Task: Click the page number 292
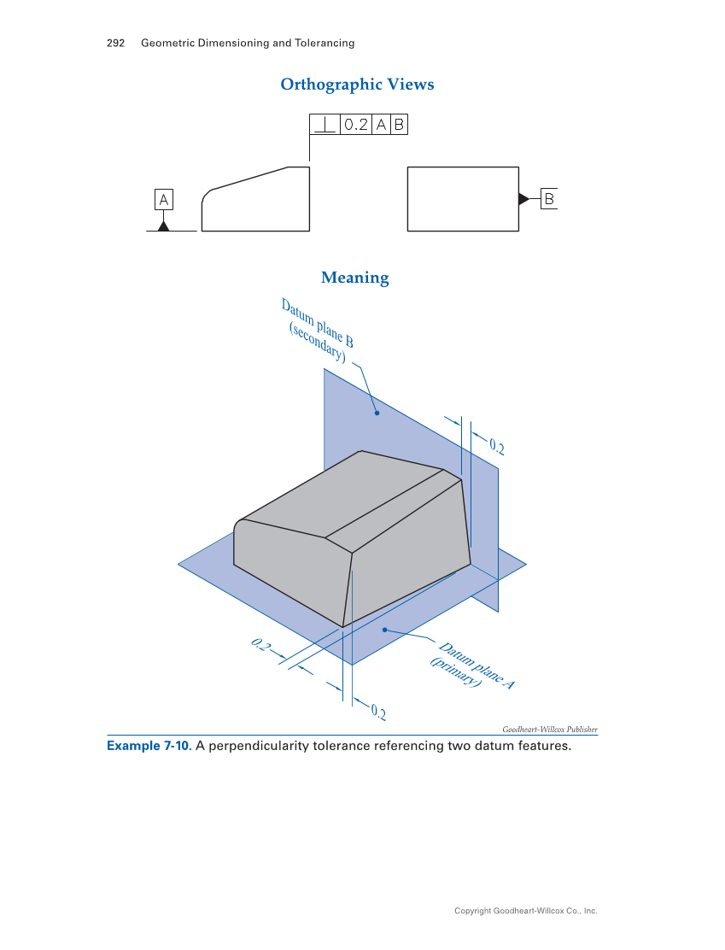116,43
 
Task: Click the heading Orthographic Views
357,85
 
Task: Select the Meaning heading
354,278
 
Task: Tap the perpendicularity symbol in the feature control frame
324,125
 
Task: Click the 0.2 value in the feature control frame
356,125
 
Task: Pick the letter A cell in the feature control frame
381,125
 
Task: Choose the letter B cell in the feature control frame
398,125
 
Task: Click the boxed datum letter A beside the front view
163,200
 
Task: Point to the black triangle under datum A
163,226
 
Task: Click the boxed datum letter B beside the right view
549,199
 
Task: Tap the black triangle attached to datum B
523,199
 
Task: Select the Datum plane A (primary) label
473,666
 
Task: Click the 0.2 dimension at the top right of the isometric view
497,447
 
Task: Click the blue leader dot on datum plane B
377,413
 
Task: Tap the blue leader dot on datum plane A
385,630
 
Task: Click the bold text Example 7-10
149,746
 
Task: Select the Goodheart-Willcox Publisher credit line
549,729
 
